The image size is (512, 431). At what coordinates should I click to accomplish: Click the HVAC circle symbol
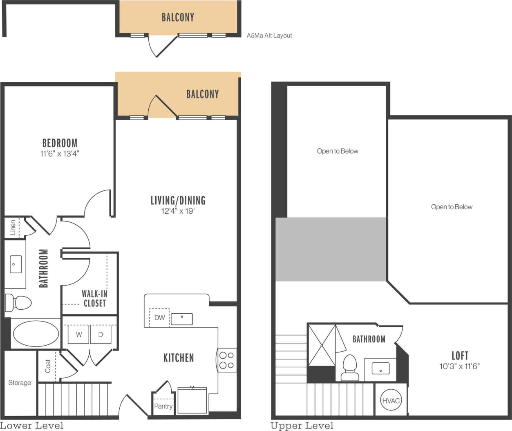(391, 400)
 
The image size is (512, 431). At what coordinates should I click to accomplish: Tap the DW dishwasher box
(159, 317)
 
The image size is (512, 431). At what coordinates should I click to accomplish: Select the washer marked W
(78, 334)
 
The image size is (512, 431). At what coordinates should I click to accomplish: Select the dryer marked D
(101, 334)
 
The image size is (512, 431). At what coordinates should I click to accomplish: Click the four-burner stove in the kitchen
(226, 360)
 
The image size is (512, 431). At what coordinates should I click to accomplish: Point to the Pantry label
(163, 406)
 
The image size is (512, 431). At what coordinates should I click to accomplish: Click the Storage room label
(20, 382)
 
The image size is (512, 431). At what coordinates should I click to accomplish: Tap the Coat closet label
(48, 366)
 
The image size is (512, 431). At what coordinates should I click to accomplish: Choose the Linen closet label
(13, 228)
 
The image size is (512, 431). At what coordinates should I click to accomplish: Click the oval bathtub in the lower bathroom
(36, 334)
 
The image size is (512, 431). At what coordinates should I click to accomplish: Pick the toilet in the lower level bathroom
(19, 303)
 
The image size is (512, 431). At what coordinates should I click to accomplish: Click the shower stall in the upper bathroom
(322, 345)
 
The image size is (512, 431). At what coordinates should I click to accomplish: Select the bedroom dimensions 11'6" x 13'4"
(60, 154)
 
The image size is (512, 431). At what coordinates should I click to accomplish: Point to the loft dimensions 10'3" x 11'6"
(459, 366)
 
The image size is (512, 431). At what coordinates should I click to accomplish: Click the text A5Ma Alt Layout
(269, 36)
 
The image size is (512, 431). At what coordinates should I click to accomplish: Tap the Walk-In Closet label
(94, 298)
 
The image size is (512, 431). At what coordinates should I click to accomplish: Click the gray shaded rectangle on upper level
(331, 249)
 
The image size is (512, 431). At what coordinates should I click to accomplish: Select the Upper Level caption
(302, 426)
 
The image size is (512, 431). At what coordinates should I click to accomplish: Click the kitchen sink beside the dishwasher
(181, 319)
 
